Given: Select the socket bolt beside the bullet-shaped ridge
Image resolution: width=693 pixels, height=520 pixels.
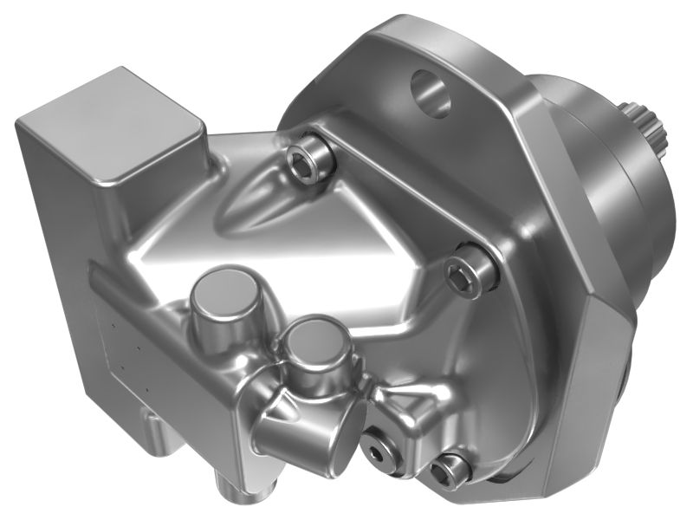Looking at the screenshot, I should tap(308, 159).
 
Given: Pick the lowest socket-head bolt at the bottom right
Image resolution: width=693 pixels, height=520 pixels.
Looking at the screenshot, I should tap(450, 470).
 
